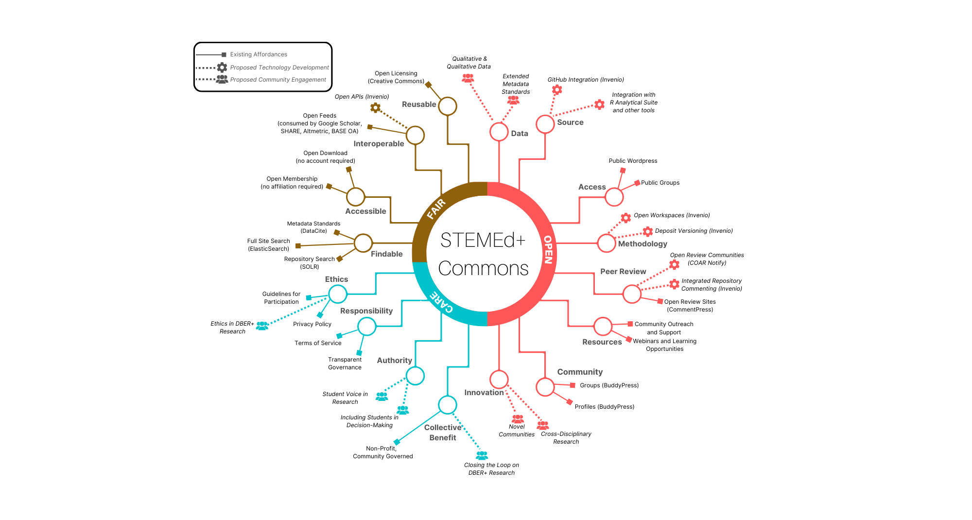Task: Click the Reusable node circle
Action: pyautogui.click(x=448, y=106)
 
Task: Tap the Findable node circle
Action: pyautogui.click(x=363, y=243)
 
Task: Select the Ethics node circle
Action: pyautogui.click(x=338, y=294)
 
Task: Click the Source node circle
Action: pyautogui.click(x=545, y=124)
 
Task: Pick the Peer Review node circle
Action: pyautogui.click(x=632, y=294)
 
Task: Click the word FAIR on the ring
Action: pyautogui.click(x=436, y=209)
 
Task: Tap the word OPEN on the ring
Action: pyautogui.click(x=548, y=250)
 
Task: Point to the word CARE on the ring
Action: pyautogui.click(x=442, y=302)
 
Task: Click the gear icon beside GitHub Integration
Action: pyautogui.click(x=557, y=89)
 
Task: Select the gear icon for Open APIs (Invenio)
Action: pyautogui.click(x=375, y=107)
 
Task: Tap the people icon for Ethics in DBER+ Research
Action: pyautogui.click(x=262, y=326)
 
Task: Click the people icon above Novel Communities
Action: pyautogui.click(x=518, y=418)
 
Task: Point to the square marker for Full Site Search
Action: pyautogui.click(x=298, y=246)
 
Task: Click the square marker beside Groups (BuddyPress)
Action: pyautogui.click(x=573, y=385)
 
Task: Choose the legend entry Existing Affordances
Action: pyautogui.click(x=259, y=54)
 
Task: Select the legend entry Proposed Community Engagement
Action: pyautogui.click(x=278, y=80)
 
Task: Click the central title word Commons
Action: pyautogui.click(x=483, y=268)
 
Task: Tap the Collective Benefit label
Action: pyautogui.click(x=443, y=433)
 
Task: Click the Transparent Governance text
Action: pyautogui.click(x=345, y=364)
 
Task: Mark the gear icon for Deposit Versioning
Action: pyautogui.click(x=648, y=231)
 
